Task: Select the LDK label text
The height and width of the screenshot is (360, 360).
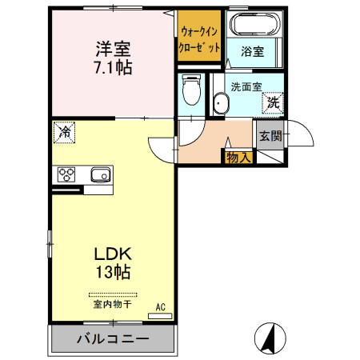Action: [x=112, y=254]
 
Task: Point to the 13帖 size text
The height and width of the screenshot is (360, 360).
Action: [x=112, y=272]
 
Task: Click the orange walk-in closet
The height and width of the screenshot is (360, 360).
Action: [x=199, y=40]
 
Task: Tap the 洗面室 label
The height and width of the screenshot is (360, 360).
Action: [x=245, y=86]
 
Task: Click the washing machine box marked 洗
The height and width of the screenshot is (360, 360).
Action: [x=273, y=102]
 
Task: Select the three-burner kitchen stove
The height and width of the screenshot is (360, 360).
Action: [x=66, y=175]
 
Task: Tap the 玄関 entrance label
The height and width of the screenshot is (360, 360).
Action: [x=270, y=136]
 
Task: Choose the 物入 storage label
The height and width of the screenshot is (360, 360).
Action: [x=238, y=158]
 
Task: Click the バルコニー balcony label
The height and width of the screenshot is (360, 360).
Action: [x=112, y=339]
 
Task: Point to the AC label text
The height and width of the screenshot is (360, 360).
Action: [x=160, y=306]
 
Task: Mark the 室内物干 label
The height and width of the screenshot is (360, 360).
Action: [x=112, y=305]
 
